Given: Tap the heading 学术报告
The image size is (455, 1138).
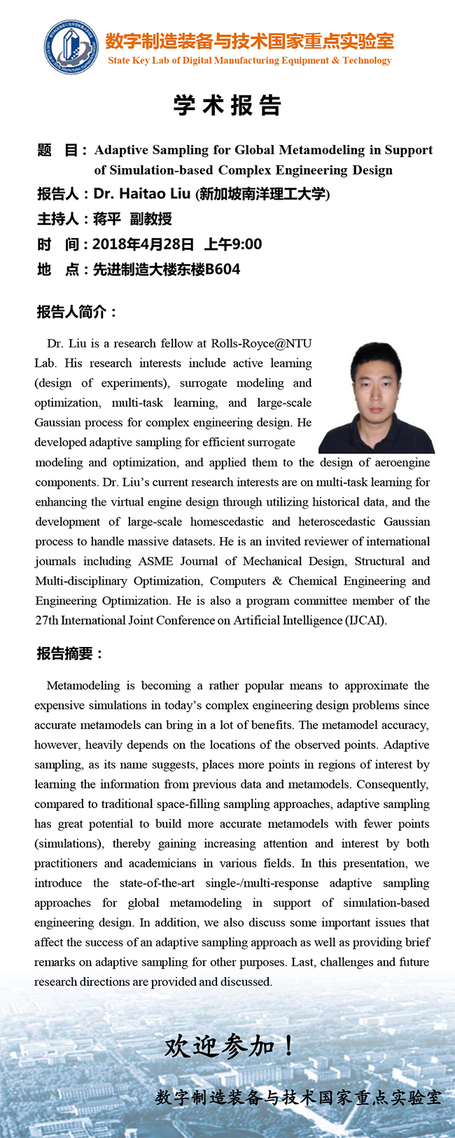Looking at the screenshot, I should (x=227, y=106).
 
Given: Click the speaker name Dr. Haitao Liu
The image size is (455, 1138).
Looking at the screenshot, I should (x=142, y=194).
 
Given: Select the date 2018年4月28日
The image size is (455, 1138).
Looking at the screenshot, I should (x=143, y=244).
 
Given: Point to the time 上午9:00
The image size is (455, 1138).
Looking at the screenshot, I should (x=233, y=244).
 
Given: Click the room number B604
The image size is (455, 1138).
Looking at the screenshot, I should (x=223, y=270).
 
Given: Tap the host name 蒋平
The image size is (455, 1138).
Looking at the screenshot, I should (x=107, y=219).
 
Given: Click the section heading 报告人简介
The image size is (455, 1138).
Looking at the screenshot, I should (x=76, y=312).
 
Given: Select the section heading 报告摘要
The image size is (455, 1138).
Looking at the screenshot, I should (x=70, y=653).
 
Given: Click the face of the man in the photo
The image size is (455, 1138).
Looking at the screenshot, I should (x=370, y=381).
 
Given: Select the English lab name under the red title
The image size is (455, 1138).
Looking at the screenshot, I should (x=249, y=61).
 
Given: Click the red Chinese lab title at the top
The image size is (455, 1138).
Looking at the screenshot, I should (x=249, y=41).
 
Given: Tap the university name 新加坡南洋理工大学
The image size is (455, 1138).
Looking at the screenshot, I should (x=264, y=195).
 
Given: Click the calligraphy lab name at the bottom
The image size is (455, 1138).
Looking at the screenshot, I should (x=298, y=1097).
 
